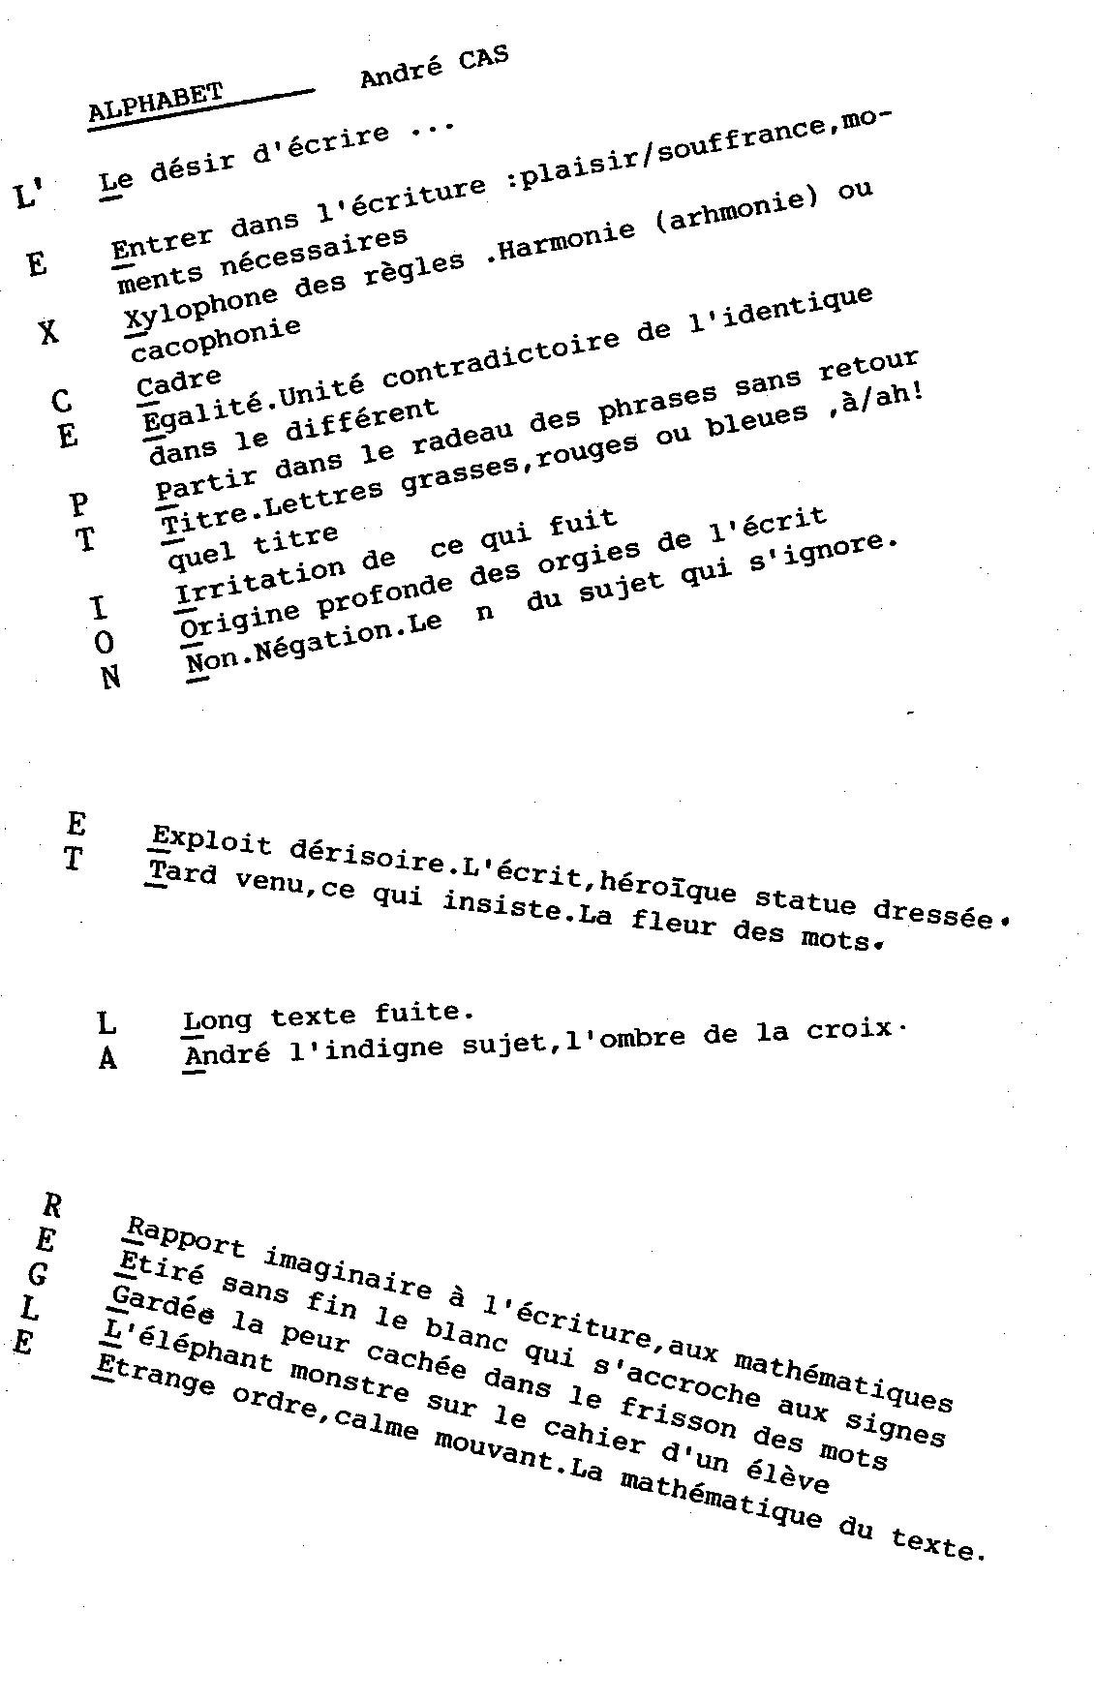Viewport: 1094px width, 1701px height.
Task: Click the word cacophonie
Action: pyautogui.click(x=216, y=339)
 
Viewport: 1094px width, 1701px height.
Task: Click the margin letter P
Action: pyautogui.click(x=79, y=504)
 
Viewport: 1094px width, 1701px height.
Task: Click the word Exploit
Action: pyautogui.click(x=212, y=841)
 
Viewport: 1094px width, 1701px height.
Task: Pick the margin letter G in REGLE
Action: pyautogui.click(x=39, y=1275)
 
